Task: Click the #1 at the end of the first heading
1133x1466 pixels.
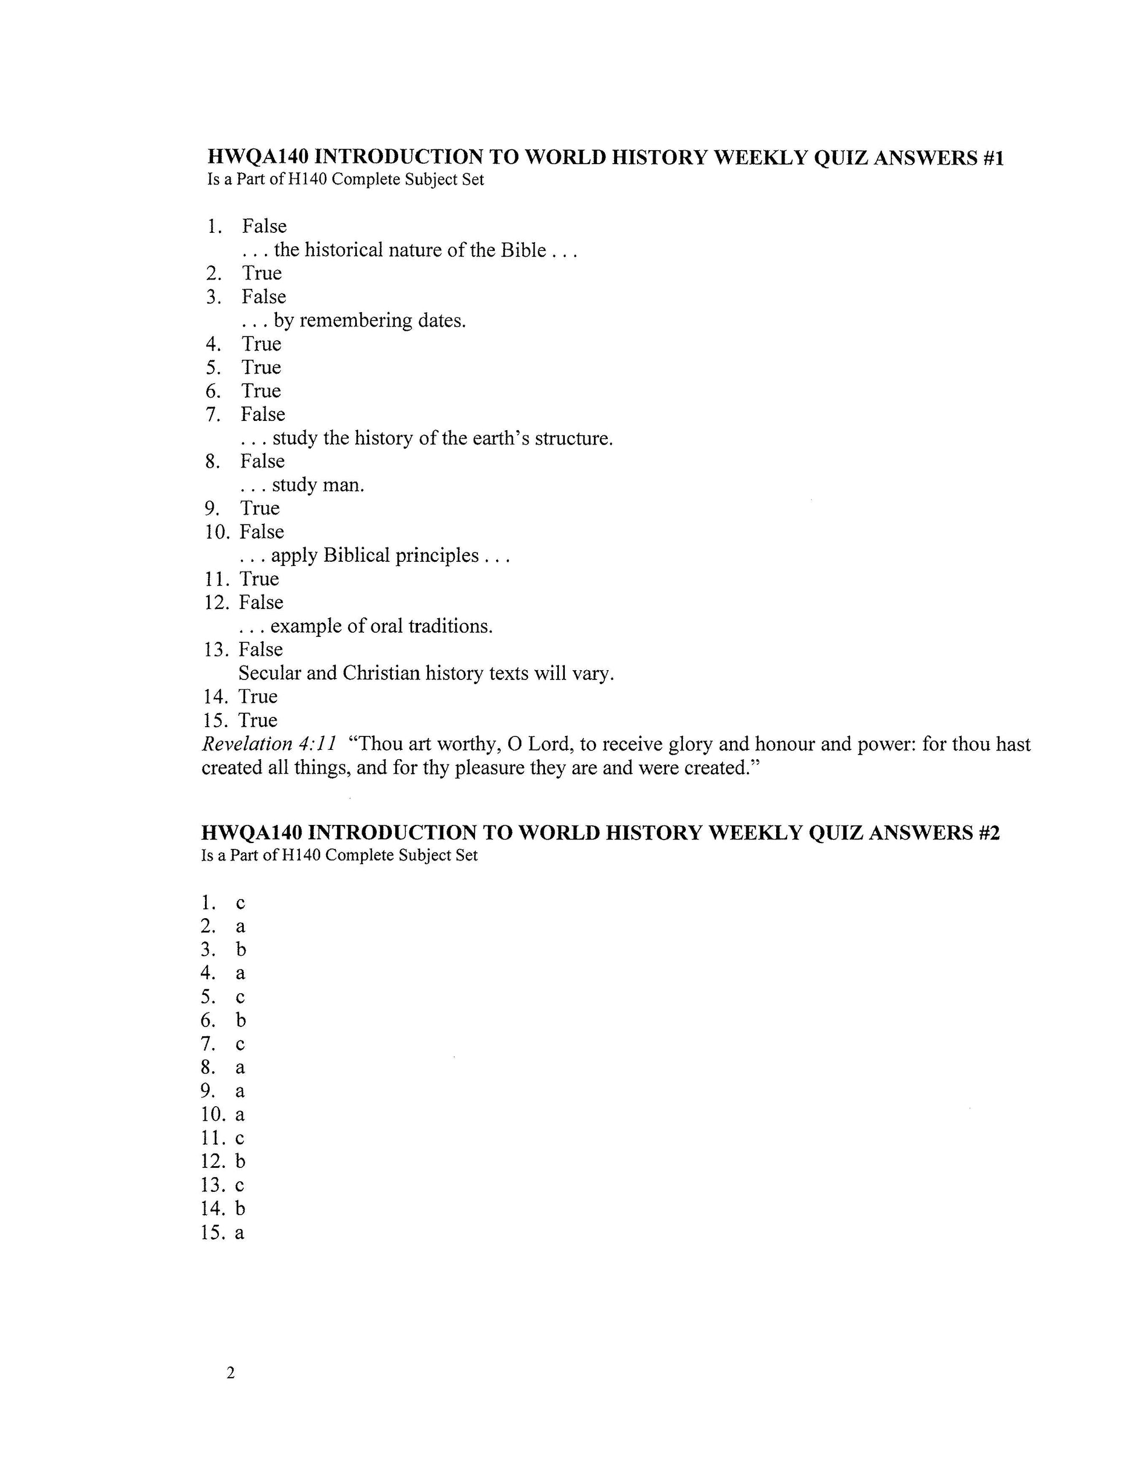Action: click(992, 158)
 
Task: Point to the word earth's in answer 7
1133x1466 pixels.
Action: click(500, 438)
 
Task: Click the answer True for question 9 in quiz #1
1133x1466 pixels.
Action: click(260, 509)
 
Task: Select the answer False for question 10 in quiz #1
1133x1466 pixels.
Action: click(262, 532)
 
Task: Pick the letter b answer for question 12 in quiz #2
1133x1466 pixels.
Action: click(240, 1162)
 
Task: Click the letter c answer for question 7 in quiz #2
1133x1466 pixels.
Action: click(240, 1044)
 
